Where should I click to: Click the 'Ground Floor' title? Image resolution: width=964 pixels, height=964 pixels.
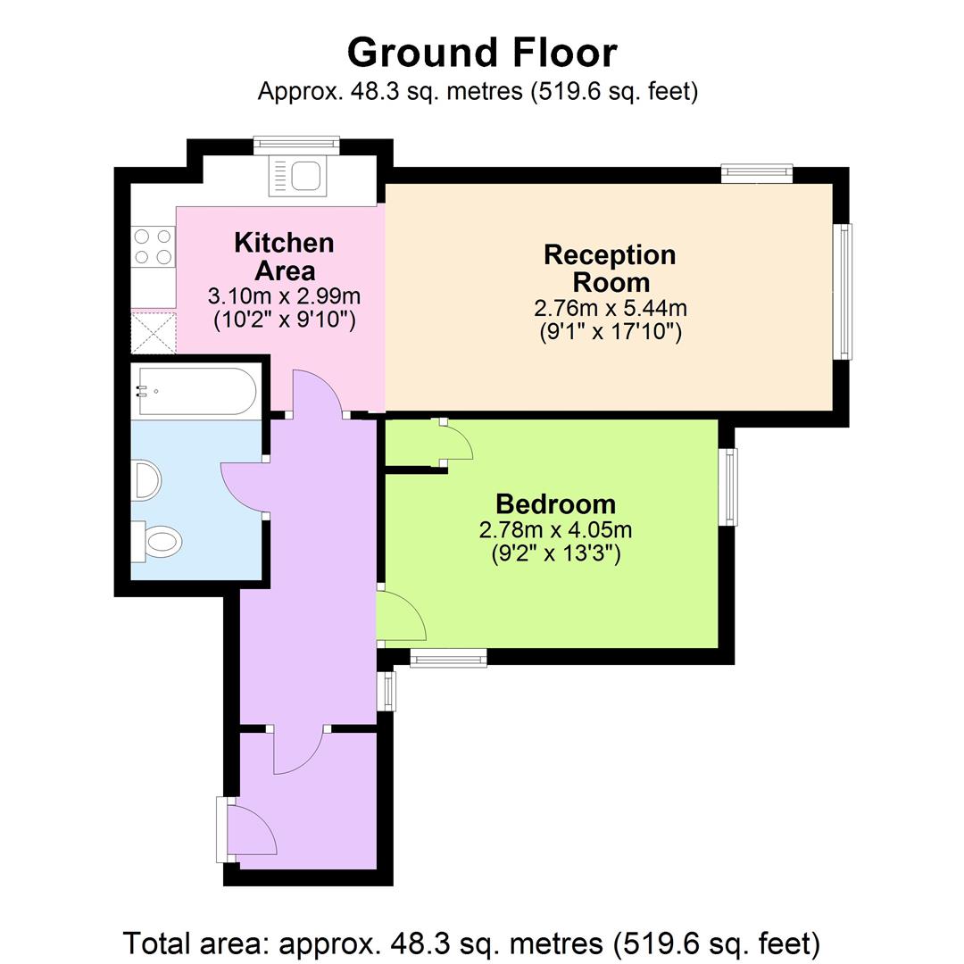[481, 53]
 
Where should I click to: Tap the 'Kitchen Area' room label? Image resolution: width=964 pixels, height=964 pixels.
[284, 255]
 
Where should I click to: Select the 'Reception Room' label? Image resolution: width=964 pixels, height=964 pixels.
[611, 268]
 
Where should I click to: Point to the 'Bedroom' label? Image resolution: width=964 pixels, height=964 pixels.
[555, 504]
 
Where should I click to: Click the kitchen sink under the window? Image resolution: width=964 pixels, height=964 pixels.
[298, 176]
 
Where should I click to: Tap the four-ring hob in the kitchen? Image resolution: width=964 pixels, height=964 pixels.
[153, 246]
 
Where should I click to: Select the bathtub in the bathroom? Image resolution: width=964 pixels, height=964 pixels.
[195, 391]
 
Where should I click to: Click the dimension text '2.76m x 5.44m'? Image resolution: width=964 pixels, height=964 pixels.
[611, 309]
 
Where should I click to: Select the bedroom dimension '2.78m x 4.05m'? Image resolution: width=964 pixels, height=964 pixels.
[555, 530]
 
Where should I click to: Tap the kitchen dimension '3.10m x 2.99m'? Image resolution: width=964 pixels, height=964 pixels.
[284, 295]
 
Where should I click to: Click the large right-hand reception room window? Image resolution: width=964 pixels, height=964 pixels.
[843, 291]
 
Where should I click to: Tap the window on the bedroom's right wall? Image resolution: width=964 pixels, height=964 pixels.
[729, 486]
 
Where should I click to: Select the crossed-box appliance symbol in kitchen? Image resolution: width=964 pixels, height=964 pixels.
[154, 332]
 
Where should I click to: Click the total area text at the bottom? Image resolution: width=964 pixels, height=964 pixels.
[471, 943]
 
